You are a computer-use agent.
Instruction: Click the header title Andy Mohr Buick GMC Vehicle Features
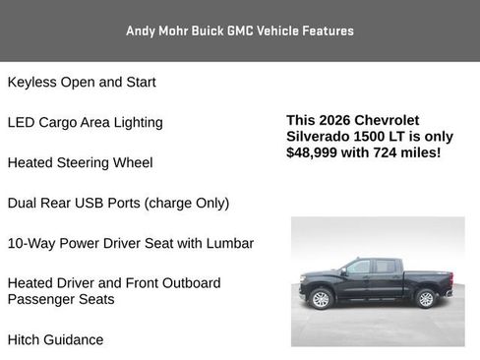240,30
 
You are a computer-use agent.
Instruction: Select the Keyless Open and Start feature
82,83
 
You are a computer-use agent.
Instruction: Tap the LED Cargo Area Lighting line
86,123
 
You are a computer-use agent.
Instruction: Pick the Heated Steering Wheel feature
81,162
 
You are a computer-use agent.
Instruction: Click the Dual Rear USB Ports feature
118,203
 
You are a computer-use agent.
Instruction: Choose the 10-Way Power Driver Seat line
131,243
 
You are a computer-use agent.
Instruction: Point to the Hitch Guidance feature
55,339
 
